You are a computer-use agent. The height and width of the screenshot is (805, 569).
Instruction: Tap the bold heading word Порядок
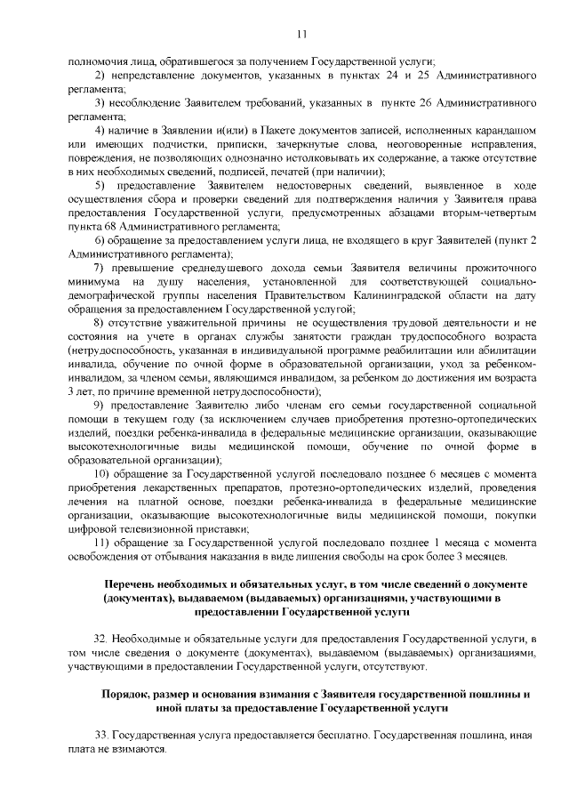130,694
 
